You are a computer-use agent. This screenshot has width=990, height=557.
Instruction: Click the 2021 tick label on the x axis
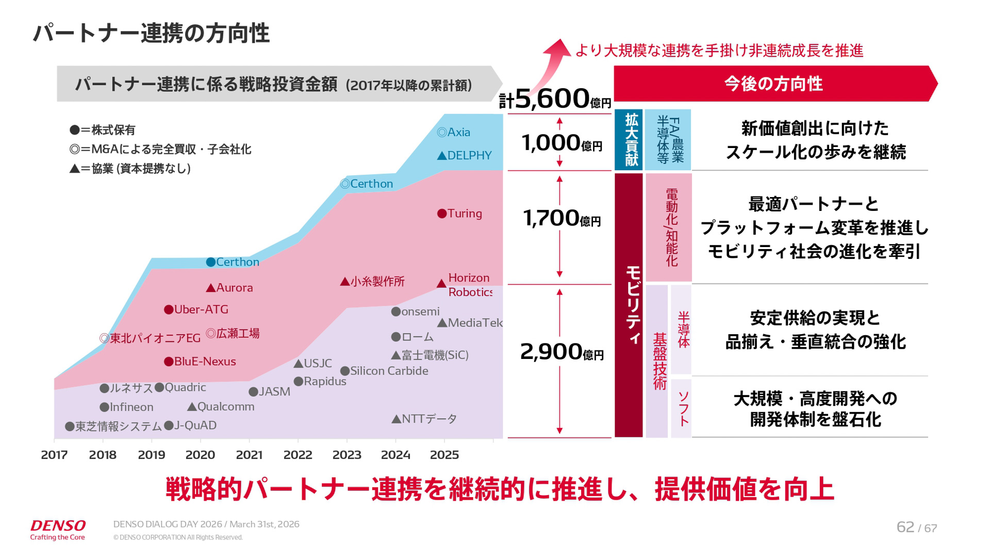(x=249, y=455)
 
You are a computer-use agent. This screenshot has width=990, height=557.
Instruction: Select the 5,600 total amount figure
(x=552, y=98)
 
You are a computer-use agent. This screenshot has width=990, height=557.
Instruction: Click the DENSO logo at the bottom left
(x=58, y=529)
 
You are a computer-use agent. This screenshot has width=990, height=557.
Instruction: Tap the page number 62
(x=905, y=527)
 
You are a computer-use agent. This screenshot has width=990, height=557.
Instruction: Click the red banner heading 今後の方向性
(x=773, y=84)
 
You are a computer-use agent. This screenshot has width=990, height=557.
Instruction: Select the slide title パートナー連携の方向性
(x=151, y=34)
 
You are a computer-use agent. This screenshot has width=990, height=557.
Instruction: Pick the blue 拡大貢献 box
(x=629, y=140)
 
